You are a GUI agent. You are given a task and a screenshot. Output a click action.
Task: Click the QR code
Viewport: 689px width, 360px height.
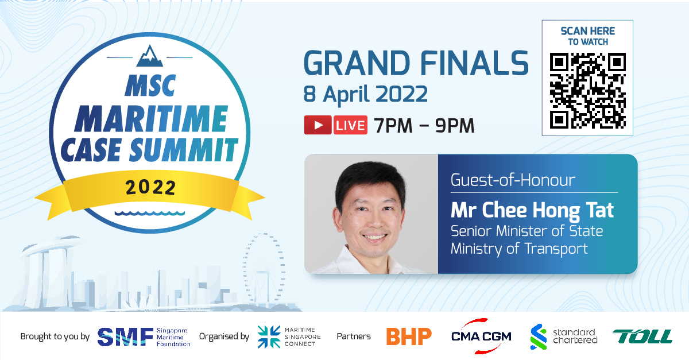coord(587,91)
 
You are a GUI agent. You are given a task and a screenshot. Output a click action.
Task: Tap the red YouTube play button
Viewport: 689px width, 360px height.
coord(318,125)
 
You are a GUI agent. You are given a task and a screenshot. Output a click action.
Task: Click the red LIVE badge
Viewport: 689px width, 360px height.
coord(350,125)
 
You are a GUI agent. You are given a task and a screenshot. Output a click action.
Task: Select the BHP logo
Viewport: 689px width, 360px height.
coord(409,336)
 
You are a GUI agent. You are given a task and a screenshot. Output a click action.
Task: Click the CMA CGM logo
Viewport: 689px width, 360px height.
coord(481,336)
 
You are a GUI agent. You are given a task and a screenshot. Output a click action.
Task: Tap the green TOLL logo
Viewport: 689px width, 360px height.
coord(642,336)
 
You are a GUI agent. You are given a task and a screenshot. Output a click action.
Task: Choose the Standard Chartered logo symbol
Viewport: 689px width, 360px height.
coord(539,336)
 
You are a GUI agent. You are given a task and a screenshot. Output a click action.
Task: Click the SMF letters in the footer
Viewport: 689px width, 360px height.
coord(125,337)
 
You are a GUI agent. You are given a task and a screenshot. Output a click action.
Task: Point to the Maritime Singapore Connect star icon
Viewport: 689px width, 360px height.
coord(269,337)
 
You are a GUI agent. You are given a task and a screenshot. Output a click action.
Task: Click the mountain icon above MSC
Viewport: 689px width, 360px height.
coord(149,56)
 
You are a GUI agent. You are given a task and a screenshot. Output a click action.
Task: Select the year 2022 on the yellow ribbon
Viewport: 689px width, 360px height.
coord(150,188)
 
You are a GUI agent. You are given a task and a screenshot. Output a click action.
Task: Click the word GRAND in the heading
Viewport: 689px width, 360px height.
coord(357,63)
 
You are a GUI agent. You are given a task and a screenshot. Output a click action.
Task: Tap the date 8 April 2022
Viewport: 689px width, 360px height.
coord(365,94)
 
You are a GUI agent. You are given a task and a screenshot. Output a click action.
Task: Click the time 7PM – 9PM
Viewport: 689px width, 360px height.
coord(424,126)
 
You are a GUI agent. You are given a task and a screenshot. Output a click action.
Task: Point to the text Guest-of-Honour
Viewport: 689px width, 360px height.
coord(513,180)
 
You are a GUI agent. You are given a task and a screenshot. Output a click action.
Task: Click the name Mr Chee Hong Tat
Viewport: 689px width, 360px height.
coord(532,211)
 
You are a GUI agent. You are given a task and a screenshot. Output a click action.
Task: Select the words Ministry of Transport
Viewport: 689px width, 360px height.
coord(519,249)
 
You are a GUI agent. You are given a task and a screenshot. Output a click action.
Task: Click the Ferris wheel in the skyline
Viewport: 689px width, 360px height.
coord(264,268)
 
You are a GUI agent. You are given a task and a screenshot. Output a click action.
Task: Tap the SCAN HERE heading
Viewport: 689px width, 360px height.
coord(587,31)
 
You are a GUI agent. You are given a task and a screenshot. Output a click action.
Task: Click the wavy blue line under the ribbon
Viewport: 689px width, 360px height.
coord(150,213)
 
